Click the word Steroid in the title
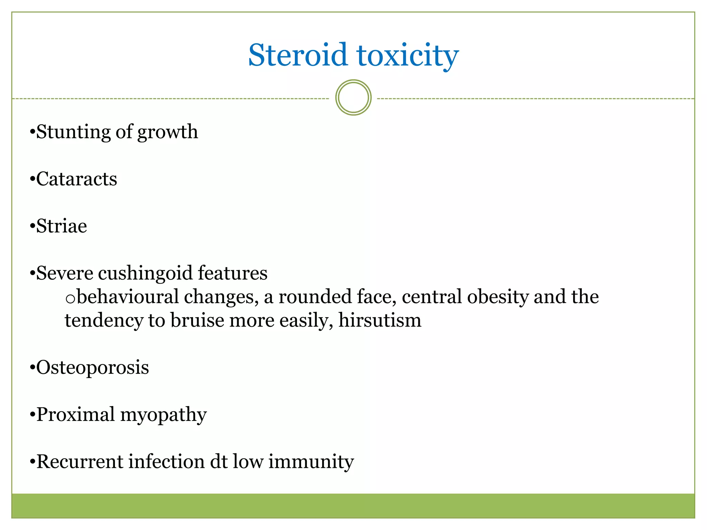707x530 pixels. pyautogui.click(x=298, y=55)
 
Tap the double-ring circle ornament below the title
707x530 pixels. pyautogui.click(x=353, y=98)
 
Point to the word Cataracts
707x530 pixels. pyautogui.click(x=76, y=179)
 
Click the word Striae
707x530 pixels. pyautogui.click(x=61, y=226)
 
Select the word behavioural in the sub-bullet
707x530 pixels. pyautogui.click(x=128, y=297)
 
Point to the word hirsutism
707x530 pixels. pyautogui.click(x=380, y=321)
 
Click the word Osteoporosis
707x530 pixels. pyautogui.click(x=93, y=367)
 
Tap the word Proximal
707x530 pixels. pyautogui.click(x=75, y=414)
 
